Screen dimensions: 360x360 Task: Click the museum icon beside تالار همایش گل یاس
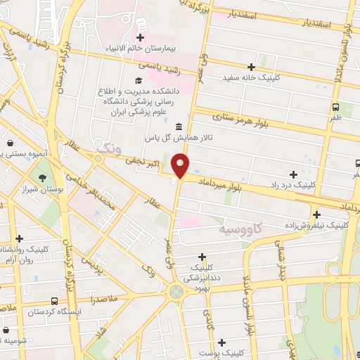[177, 127]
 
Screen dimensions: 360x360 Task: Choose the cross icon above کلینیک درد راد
[293, 174]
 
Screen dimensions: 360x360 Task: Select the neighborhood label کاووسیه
[240, 229]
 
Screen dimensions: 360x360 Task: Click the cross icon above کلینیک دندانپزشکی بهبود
[202, 257]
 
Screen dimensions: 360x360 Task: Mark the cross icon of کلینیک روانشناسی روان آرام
[19, 239]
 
